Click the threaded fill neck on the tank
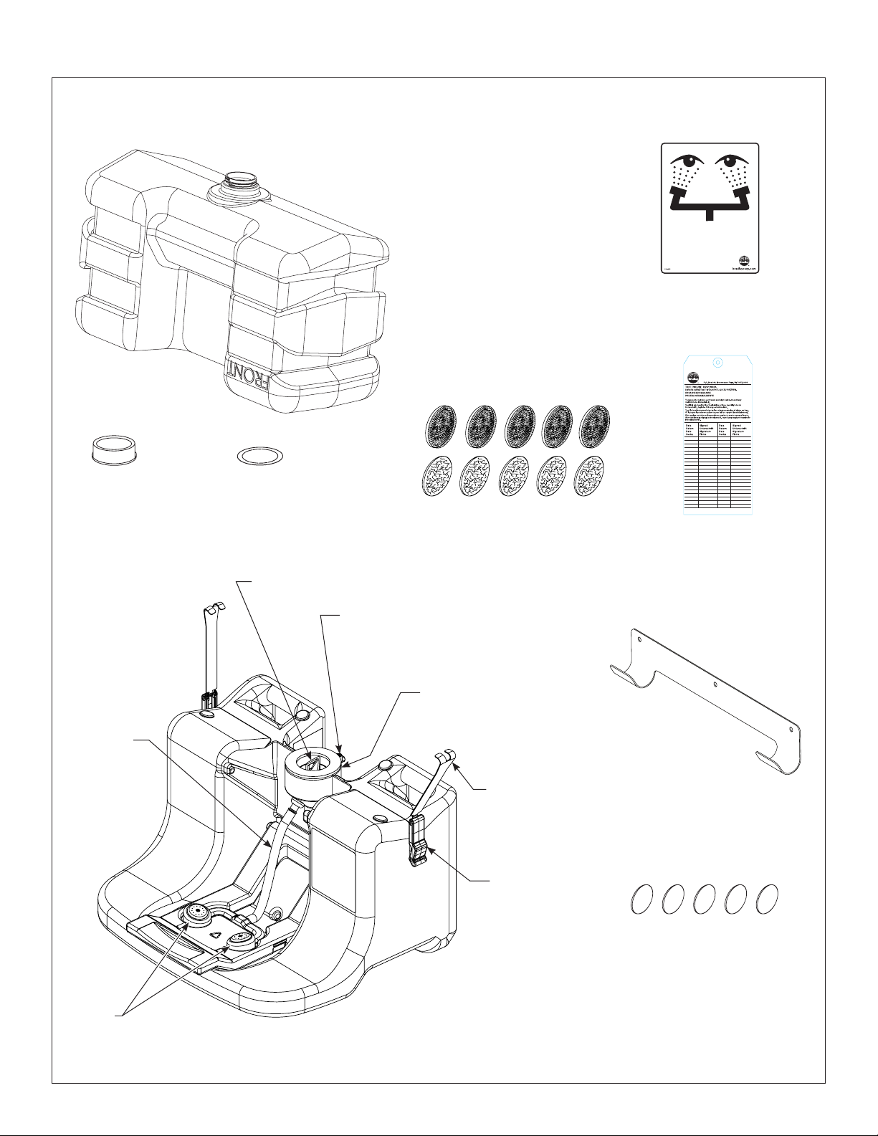click(x=237, y=184)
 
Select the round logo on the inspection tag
click(x=694, y=378)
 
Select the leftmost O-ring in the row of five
click(x=642, y=899)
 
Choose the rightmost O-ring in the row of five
click(x=767, y=899)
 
